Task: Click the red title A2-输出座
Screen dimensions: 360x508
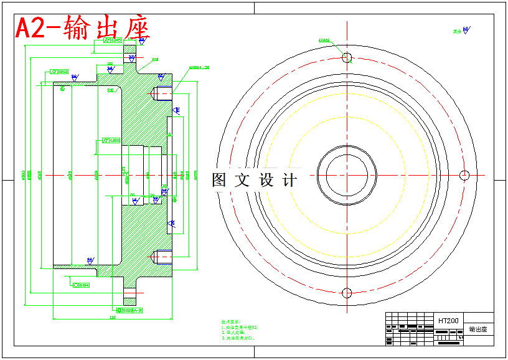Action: coord(80,27)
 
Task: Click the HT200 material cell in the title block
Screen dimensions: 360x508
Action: coord(448,321)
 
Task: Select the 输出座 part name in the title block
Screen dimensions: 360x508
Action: coord(478,328)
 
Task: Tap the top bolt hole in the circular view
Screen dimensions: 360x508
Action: coord(347,58)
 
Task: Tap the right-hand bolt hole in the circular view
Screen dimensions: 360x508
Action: coord(464,174)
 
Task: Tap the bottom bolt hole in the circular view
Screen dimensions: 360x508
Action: coord(347,293)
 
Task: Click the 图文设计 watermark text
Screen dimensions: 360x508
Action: coord(254,180)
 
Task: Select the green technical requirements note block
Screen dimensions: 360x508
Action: coord(239,328)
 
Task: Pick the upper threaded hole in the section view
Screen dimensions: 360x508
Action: coord(161,93)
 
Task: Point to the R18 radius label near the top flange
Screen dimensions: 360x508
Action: coord(155,60)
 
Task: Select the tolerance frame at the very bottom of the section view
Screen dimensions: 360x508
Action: coord(130,310)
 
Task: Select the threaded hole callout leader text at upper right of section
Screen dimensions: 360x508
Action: coord(199,67)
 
